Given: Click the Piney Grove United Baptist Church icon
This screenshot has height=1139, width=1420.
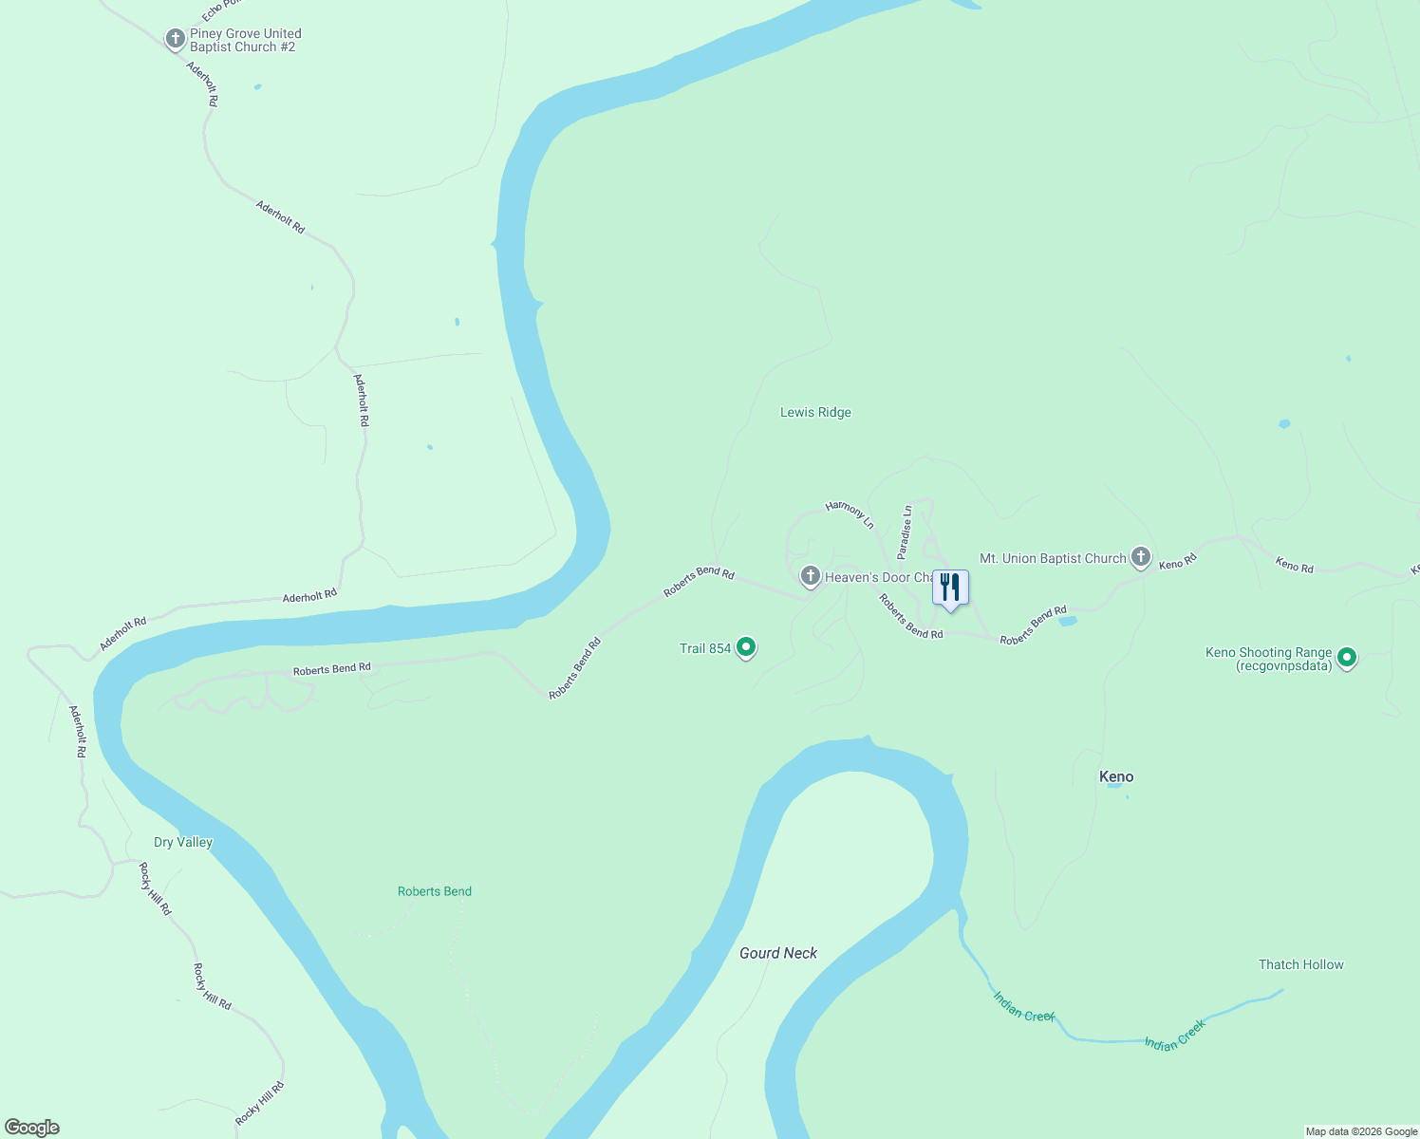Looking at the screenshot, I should (x=175, y=39).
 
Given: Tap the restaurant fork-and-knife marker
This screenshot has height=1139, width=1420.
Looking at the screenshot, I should (x=950, y=588).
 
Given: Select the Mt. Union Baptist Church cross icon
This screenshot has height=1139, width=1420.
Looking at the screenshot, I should (x=1141, y=557).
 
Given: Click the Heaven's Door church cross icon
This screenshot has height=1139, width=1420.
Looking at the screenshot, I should (x=810, y=575).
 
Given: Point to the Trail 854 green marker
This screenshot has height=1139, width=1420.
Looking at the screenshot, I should (x=746, y=647).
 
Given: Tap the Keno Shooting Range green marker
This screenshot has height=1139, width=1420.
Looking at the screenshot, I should (x=1346, y=657).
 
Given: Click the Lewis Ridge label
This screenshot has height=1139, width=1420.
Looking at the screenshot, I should (x=815, y=412).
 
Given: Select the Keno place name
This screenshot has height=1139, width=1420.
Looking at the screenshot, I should (x=1116, y=776).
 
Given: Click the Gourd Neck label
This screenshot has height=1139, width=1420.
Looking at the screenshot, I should (x=778, y=953).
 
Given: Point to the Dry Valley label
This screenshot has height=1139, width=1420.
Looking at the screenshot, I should (x=183, y=842).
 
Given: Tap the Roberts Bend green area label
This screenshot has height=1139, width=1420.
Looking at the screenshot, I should (x=435, y=891).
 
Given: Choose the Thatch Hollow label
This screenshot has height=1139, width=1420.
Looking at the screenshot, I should (x=1300, y=964).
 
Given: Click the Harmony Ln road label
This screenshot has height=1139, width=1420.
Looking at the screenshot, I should (x=850, y=513).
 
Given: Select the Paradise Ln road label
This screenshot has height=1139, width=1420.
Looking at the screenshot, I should (x=905, y=532).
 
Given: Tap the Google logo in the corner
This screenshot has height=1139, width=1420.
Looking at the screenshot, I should (x=32, y=1127).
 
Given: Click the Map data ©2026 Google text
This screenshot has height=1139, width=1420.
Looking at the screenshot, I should (x=1361, y=1131).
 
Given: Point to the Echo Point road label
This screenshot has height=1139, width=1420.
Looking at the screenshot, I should (x=216, y=9).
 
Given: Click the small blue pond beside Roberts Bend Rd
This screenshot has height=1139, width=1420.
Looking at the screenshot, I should (x=1067, y=622).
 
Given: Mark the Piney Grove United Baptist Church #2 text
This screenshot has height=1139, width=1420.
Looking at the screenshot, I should (x=245, y=40).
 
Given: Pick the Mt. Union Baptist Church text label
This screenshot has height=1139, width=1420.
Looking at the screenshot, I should (x=1053, y=558).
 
